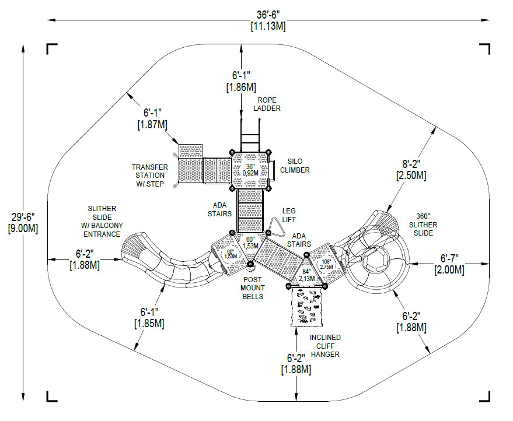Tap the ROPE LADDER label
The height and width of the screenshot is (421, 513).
(267, 104)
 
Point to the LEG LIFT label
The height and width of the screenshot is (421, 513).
(289, 215)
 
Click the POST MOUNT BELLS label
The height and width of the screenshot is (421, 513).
(253, 288)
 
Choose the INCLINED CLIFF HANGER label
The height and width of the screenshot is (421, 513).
(326, 345)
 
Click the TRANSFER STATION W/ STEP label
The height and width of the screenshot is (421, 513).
(149, 176)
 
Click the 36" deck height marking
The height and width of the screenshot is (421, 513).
(250, 169)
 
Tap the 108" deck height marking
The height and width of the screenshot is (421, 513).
(326, 263)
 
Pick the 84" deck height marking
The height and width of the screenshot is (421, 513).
(306, 275)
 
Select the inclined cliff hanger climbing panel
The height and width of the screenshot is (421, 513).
(306, 307)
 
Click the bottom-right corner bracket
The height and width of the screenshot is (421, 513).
(484, 396)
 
